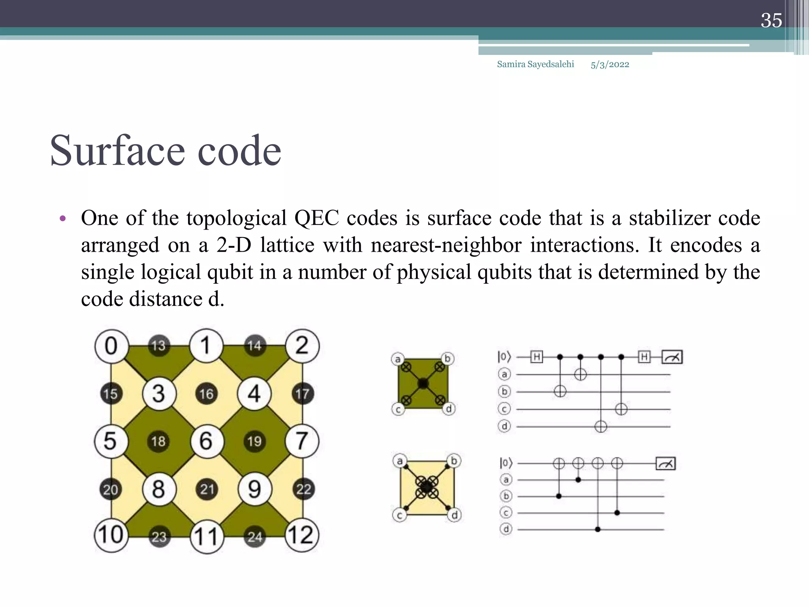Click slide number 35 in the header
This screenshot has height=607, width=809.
[771, 21]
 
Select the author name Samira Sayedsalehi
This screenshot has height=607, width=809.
[535, 64]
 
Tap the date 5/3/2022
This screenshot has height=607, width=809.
[610, 65]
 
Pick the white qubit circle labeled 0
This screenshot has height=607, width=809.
[111, 346]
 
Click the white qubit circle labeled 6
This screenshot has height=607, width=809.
[207, 441]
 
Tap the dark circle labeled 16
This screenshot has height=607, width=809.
[206, 394]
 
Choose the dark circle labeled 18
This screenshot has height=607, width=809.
[158, 441]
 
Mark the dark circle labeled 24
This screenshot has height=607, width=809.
[255, 536]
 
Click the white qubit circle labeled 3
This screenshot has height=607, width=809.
[159, 394]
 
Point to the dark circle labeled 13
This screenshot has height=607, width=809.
[159, 346]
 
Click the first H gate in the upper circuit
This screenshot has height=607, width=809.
[536, 357]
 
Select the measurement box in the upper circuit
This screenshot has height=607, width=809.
[672, 357]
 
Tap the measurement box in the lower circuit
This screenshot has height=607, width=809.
[666, 464]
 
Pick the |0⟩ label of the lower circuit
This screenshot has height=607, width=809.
[506, 463]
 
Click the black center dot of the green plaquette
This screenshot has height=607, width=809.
[423, 383]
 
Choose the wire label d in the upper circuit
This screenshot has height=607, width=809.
[504, 426]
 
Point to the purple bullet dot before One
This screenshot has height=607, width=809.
[62, 219]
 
